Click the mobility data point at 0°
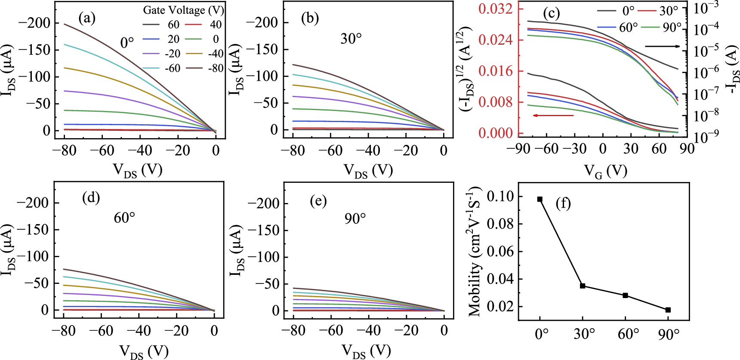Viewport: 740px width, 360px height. tap(540, 199)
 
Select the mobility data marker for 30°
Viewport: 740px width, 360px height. tap(583, 286)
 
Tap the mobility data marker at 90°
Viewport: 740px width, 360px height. tap(668, 310)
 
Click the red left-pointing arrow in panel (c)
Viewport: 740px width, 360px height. tap(553, 115)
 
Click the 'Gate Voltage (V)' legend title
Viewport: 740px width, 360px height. tap(183, 10)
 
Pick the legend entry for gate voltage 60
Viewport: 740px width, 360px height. tap(161, 25)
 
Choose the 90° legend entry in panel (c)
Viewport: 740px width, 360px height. tap(661, 28)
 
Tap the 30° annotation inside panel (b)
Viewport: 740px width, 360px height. tap(351, 39)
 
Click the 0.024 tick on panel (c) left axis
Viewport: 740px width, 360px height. tap(495, 40)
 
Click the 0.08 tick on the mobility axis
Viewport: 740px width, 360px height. tap(501, 224)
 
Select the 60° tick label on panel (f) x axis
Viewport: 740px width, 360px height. tap(628, 334)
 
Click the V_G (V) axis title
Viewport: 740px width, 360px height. tap(605, 171)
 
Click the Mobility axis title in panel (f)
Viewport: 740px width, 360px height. tap(475, 252)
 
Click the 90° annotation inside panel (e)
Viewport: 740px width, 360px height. tap(355, 218)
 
